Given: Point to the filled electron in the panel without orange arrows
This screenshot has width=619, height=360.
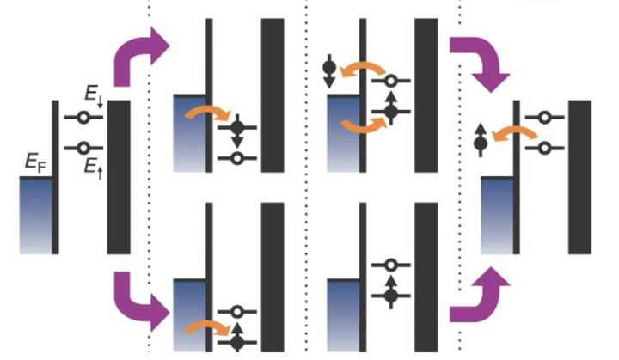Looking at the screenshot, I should (391, 295).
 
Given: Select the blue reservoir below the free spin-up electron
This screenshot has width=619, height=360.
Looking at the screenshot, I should (496, 215).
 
